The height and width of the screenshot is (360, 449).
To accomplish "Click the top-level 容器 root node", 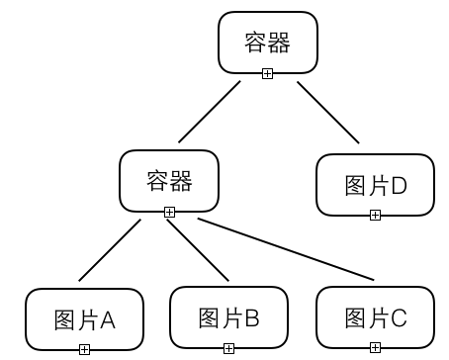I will (267, 42).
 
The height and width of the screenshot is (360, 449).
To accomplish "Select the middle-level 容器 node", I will (168, 180).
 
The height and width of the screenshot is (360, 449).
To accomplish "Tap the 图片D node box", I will (375, 184).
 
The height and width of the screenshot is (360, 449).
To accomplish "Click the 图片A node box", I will (84, 318).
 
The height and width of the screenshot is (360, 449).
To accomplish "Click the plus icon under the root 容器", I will (267, 73).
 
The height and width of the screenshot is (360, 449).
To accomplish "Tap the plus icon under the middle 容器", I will (169, 212).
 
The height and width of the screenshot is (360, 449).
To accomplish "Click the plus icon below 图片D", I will (375, 216).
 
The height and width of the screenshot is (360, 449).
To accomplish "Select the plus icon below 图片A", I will (84, 348).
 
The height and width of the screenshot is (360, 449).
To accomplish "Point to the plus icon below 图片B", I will (228, 348).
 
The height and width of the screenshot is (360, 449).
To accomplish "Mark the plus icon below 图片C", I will (375, 348).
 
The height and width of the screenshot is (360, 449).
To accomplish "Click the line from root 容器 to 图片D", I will (329, 112).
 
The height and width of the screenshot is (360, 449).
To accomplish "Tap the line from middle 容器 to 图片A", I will (112, 250).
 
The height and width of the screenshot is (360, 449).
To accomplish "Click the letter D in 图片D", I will (399, 185).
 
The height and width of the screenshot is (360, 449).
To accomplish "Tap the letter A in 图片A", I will (108, 319).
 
